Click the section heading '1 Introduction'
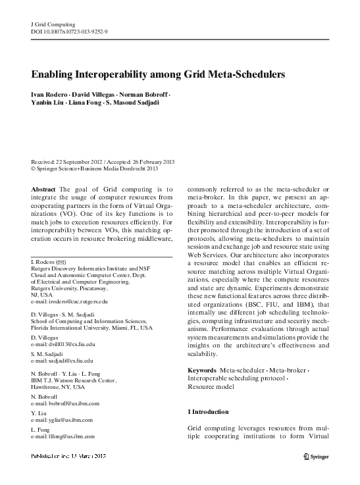coord(208,412)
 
